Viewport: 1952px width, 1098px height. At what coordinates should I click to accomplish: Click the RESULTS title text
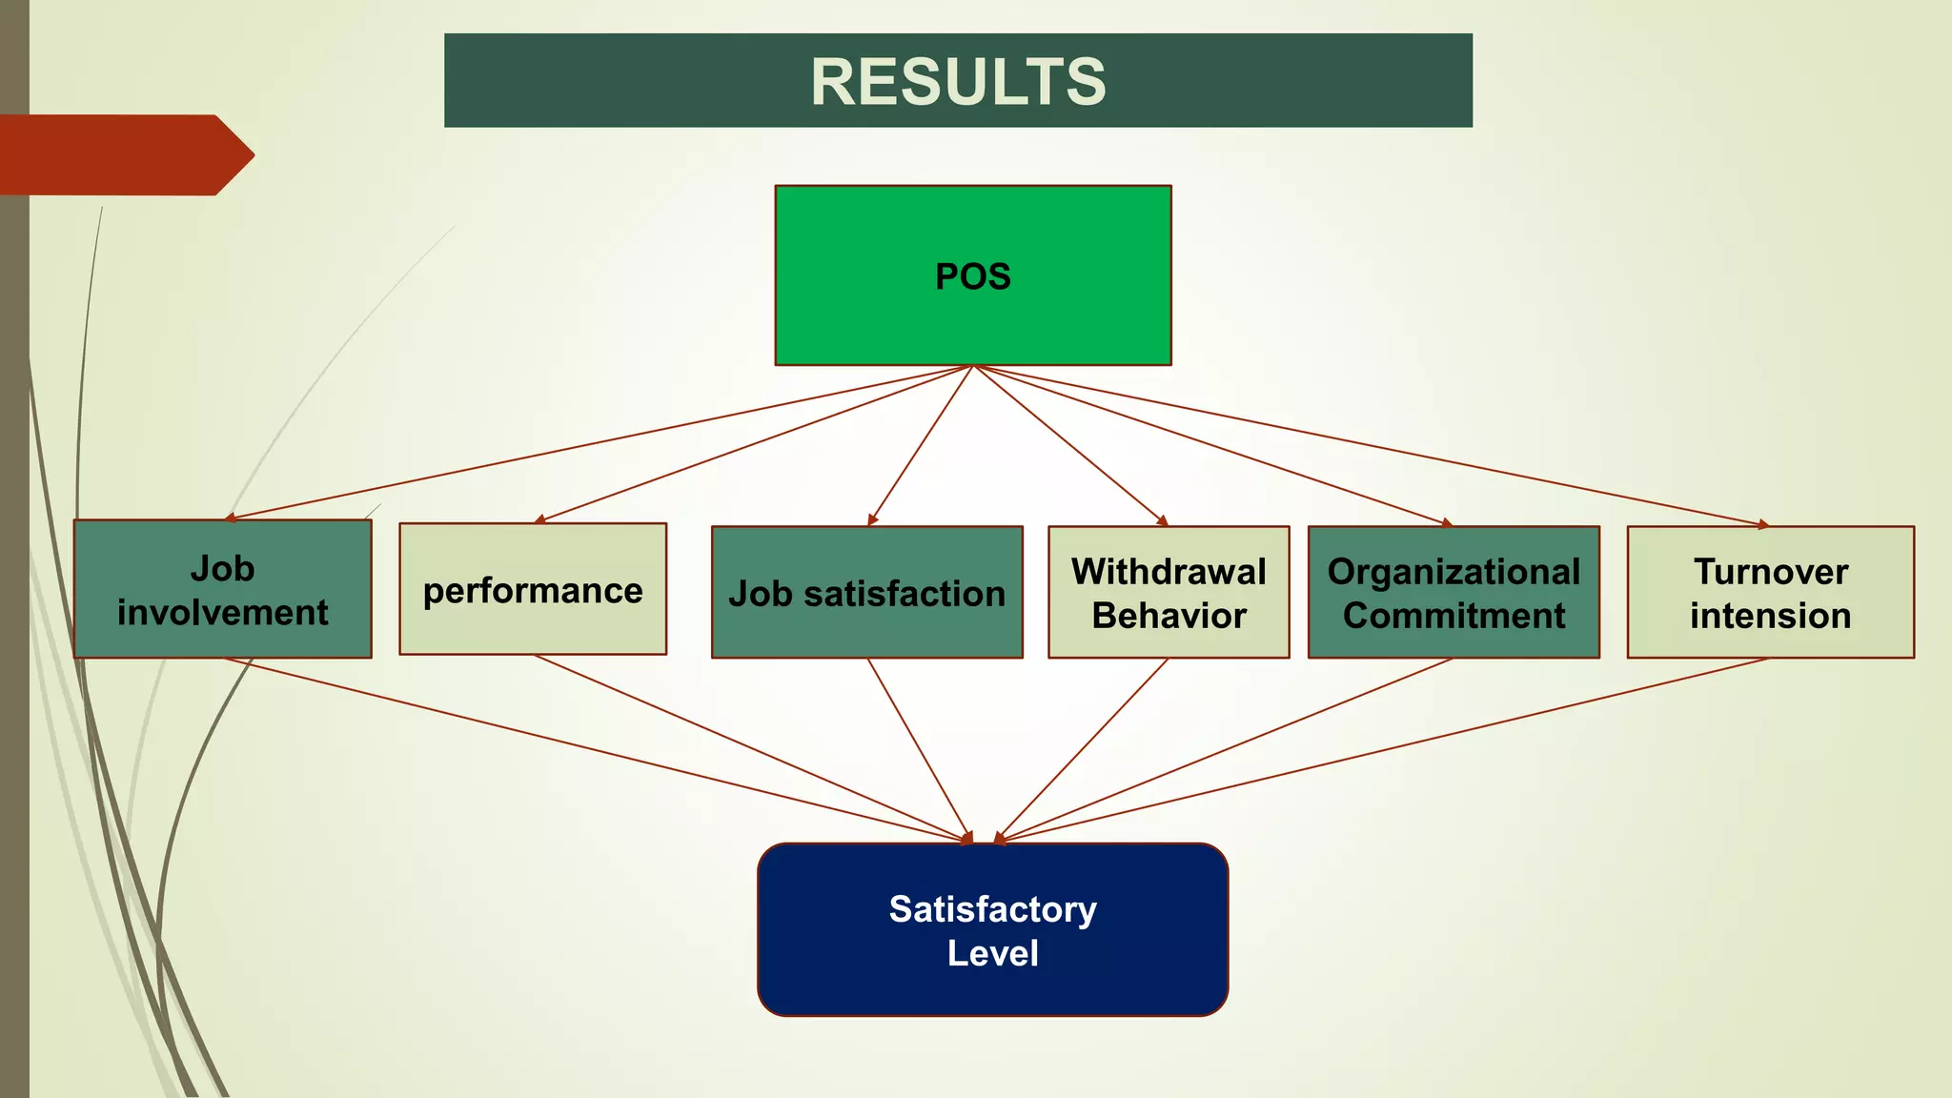[958, 82]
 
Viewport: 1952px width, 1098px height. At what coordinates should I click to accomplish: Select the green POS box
[972, 275]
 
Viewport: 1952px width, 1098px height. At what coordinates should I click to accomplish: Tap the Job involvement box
[222, 590]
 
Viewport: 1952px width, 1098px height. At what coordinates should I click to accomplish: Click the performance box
[533, 590]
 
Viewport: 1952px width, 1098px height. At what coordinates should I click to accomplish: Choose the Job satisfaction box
[866, 593]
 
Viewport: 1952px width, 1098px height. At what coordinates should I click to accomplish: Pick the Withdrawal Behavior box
[1169, 593]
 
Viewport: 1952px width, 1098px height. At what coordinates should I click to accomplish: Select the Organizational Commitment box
[1454, 593]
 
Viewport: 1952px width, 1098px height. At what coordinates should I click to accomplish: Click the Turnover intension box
[1770, 593]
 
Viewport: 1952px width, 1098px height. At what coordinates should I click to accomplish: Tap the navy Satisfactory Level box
[992, 929]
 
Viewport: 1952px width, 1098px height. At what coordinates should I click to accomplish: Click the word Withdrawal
[1169, 572]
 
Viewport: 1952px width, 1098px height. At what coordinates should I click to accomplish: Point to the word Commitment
[1454, 616]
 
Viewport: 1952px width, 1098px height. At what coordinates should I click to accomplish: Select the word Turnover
[1770, 572]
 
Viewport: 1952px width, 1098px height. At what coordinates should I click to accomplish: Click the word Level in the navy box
[992, 953]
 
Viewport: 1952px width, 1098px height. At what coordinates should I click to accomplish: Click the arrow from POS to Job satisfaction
[921, 445]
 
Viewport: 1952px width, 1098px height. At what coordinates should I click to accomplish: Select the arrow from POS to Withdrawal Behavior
[1069, 445]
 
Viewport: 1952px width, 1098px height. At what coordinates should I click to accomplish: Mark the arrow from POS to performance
[753, 445]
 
